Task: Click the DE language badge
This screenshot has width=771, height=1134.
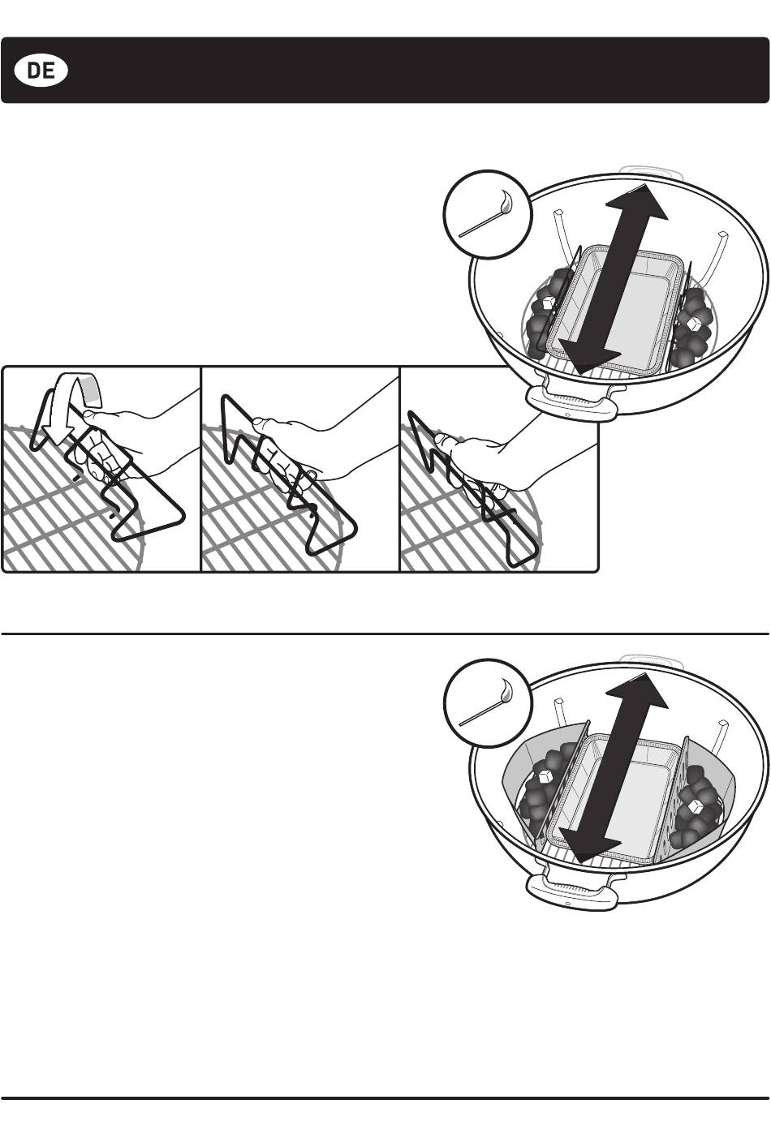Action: pyautogui.click(x=41, y=71)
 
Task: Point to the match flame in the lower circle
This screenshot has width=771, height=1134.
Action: pyautogui.click(x=506, y=689)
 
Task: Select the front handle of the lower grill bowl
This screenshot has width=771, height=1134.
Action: pyautogui.click(x=572, y=891)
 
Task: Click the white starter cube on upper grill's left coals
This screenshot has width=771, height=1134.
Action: pyautogui.click(x=547, y=303)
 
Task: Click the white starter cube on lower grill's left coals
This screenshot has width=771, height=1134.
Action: pyautogui.click(x=545, y=776)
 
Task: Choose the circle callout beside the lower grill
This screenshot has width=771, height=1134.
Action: pyautogui.click(x=488, y=702)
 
